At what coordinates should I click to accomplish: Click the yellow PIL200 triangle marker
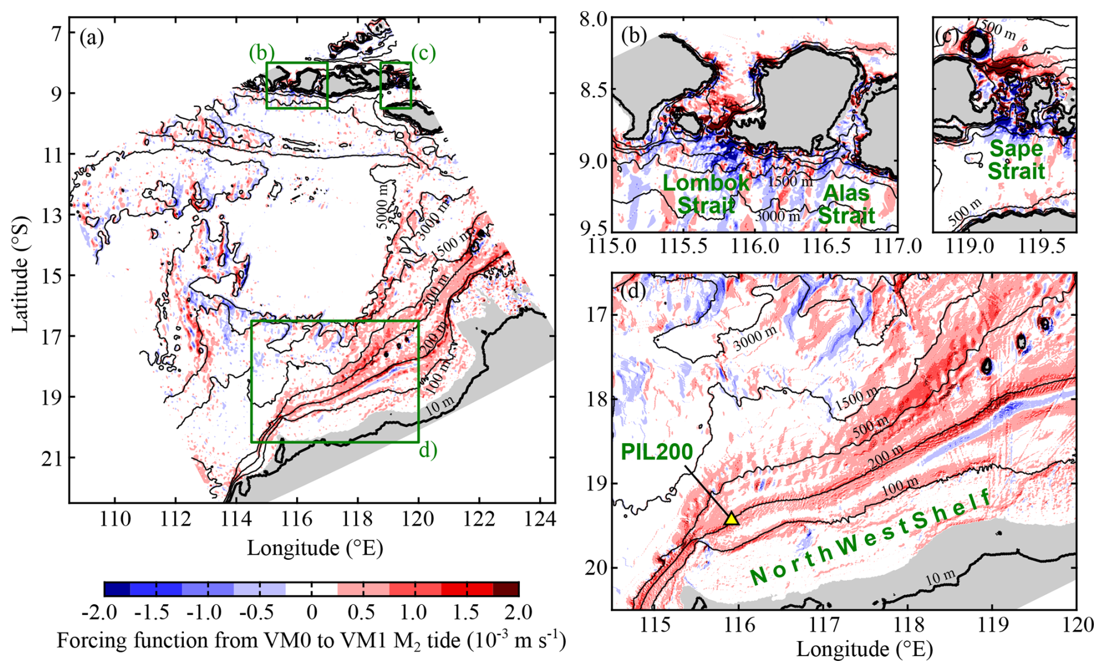click(732, 517)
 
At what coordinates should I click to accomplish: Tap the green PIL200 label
click(656, 452)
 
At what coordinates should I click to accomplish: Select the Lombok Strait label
click(706, 194)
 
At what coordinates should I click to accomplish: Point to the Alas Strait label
click(846, 204)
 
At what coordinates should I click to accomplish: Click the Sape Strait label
click(1016, 160)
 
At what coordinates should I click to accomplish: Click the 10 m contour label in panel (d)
click(940, 578)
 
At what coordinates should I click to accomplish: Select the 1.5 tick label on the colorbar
click(467, 612)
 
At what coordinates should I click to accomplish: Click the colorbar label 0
click(312, 612)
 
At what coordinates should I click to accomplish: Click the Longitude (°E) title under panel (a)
click(315, 548)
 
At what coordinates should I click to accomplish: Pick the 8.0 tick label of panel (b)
click(595, 19)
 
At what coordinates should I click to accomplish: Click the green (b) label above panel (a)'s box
click(261, 53)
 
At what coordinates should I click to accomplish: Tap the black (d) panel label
click(633, 290)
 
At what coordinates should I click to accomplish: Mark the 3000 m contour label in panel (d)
click(755, 339)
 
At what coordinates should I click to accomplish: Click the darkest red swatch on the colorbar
click(506, 589)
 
